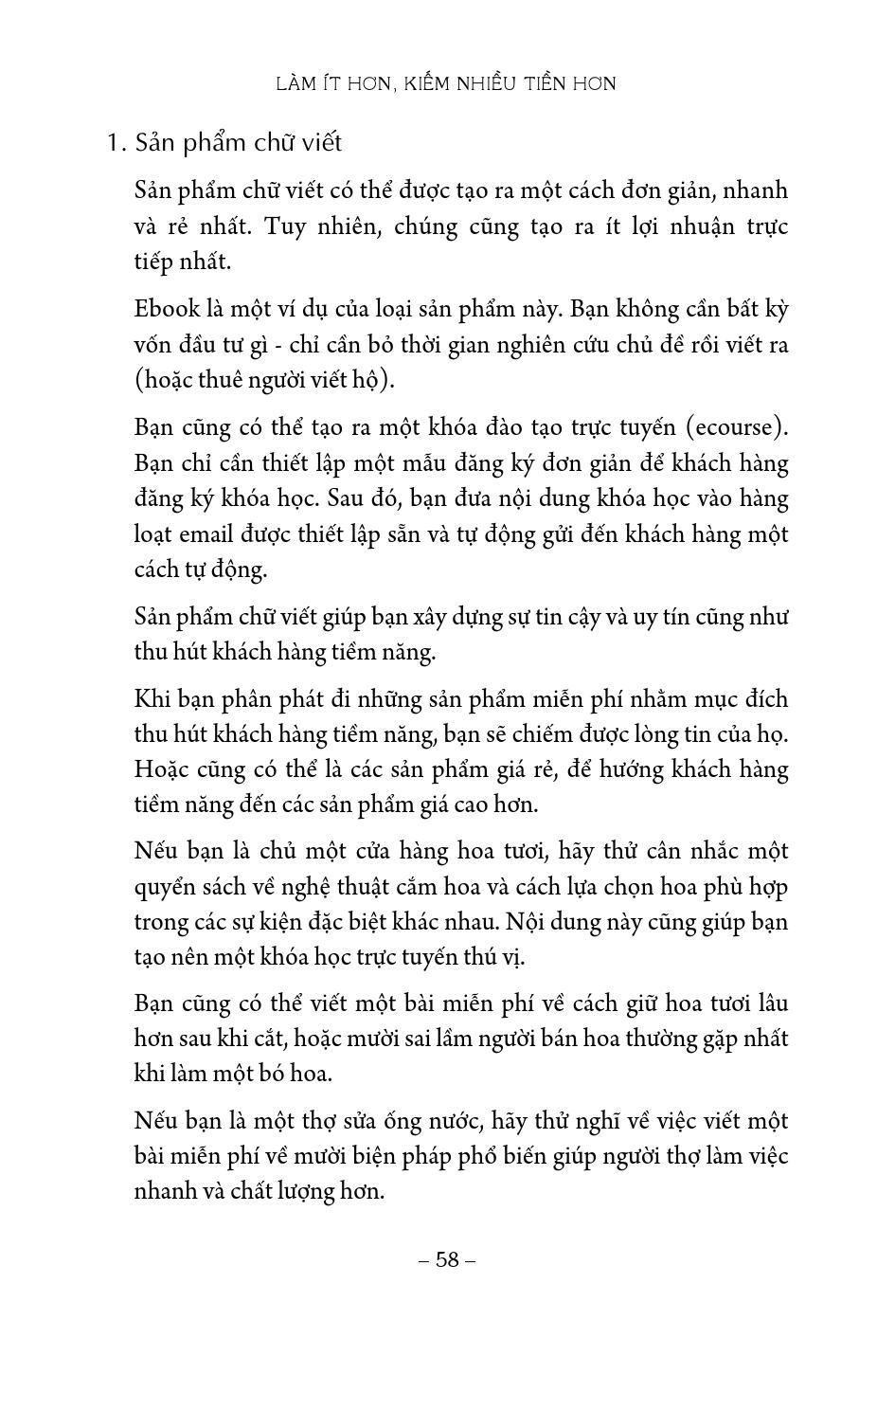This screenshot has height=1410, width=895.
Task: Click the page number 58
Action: tap(447, 1259)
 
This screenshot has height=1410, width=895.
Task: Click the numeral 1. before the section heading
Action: tap(116, 144)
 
